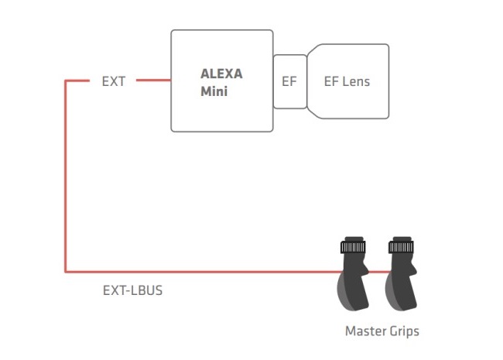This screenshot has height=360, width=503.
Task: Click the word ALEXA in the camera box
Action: click(221, 74)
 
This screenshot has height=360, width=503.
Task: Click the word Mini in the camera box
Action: click(214, 91)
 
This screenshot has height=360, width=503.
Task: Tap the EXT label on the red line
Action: click(114, 81)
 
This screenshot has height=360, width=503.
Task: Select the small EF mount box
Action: click(289, 81)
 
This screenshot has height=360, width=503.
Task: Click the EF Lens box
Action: click(348, 81)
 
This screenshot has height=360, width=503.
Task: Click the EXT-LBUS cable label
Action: click(132, 290)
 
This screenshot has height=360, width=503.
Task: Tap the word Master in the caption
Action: click(363, 331)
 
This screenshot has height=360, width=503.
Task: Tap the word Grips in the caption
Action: click(402, 331)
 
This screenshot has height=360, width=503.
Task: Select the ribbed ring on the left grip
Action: click(353, 247)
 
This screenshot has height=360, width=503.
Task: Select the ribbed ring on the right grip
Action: click(401, 247)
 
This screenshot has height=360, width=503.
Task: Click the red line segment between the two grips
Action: click(379, 272)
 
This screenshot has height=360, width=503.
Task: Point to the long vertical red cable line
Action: click(66, 177)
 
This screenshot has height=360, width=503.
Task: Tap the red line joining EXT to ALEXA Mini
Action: click(153, 81)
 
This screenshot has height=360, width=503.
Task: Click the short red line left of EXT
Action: click(77, 81)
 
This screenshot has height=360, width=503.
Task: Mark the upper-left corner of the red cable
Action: click(66, 81)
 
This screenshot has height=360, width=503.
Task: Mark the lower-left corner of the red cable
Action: click(66, 272)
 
